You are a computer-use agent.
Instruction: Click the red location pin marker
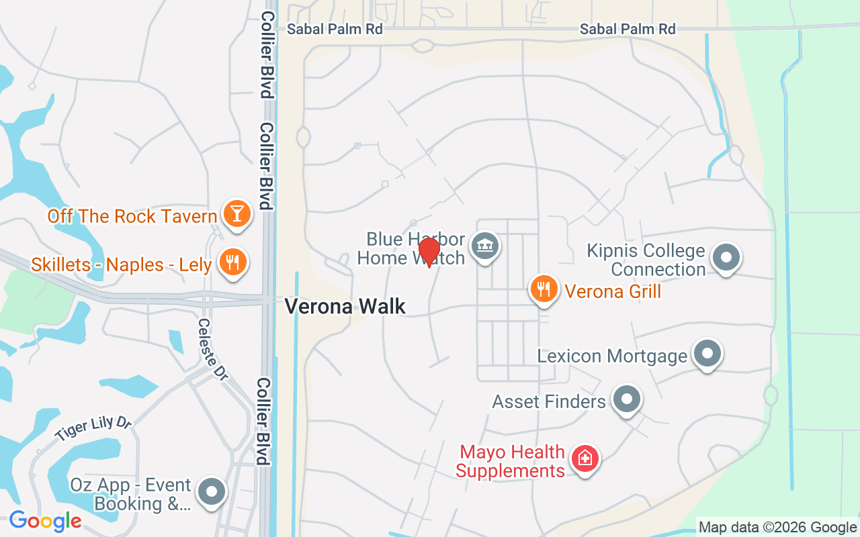pos(429,251)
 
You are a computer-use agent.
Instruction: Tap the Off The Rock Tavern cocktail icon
pos(237,213)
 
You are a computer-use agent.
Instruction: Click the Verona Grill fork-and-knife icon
pos(544,289)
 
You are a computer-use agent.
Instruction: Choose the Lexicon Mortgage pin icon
pos(707,353)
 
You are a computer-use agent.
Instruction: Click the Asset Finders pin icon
pos(627,399)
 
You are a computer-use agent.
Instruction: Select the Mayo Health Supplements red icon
pos(585,459)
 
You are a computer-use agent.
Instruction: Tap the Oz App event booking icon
pos(212,492)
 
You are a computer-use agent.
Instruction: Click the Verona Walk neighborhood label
pos(345,306)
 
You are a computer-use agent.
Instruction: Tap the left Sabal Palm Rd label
pos(335,29)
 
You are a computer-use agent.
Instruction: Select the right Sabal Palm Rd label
pos(628,29)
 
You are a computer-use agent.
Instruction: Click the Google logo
pos(45,520)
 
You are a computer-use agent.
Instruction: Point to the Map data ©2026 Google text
pos(777,527)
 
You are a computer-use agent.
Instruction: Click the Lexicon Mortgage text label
pos(612,355)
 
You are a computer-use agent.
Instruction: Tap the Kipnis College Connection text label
pos(646,260)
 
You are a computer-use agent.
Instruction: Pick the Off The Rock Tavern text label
pos(132,216)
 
